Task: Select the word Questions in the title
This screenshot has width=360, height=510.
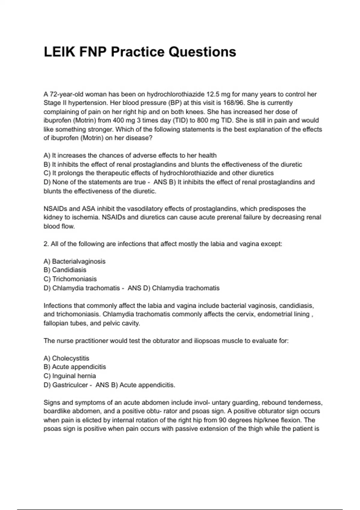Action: (x=202, y=52)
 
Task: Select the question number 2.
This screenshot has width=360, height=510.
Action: (x=46, y=244)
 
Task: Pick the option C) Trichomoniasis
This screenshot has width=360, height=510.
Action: (x=70, y=279)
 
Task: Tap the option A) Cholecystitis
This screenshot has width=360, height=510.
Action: (x=66, y=358)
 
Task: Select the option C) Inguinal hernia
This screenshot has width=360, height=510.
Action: (x=70, y=376)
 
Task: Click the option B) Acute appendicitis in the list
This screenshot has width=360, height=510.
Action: (x=75, y=367)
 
